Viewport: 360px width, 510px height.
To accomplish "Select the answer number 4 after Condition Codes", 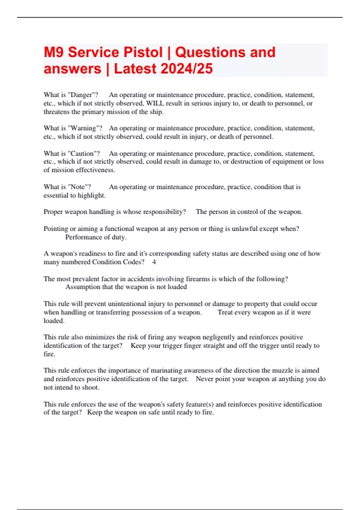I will click(154, 262).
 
